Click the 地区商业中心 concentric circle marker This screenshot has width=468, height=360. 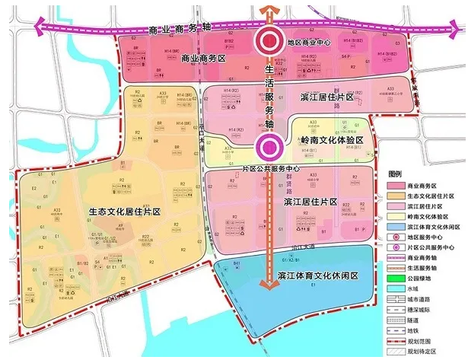tap(269, 43)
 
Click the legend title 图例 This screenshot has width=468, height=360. tap(396, 174)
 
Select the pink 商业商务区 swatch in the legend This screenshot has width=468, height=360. tap(398, 185)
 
